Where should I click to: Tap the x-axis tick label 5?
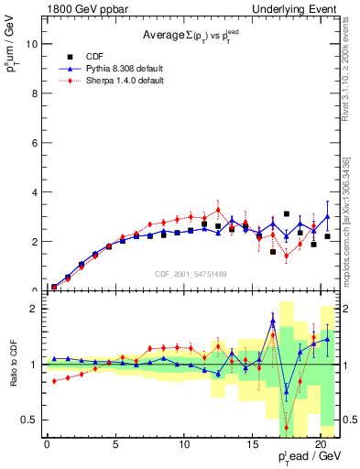point(115,444)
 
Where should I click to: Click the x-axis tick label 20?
point(320,444)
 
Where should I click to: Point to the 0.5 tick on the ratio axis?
point(29,420)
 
